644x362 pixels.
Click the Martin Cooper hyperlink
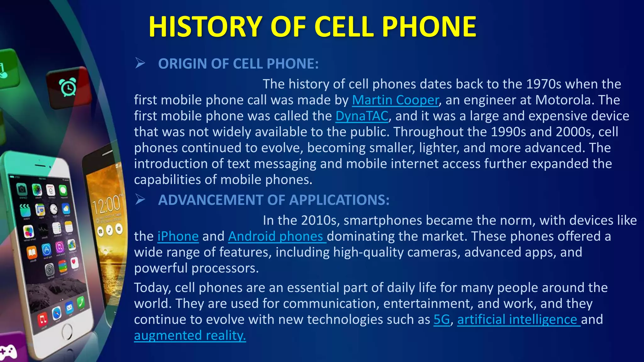395,100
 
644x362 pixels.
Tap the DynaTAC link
362,116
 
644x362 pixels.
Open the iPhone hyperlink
178,236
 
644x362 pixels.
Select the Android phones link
277,236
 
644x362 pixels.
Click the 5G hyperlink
442,320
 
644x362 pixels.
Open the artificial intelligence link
518,320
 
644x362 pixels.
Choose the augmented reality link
190,336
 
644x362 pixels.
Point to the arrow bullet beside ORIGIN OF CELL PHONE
140,63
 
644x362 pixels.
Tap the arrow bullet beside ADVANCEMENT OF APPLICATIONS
140,200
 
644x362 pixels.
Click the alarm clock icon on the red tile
68,88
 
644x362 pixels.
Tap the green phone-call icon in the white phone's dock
81,302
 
